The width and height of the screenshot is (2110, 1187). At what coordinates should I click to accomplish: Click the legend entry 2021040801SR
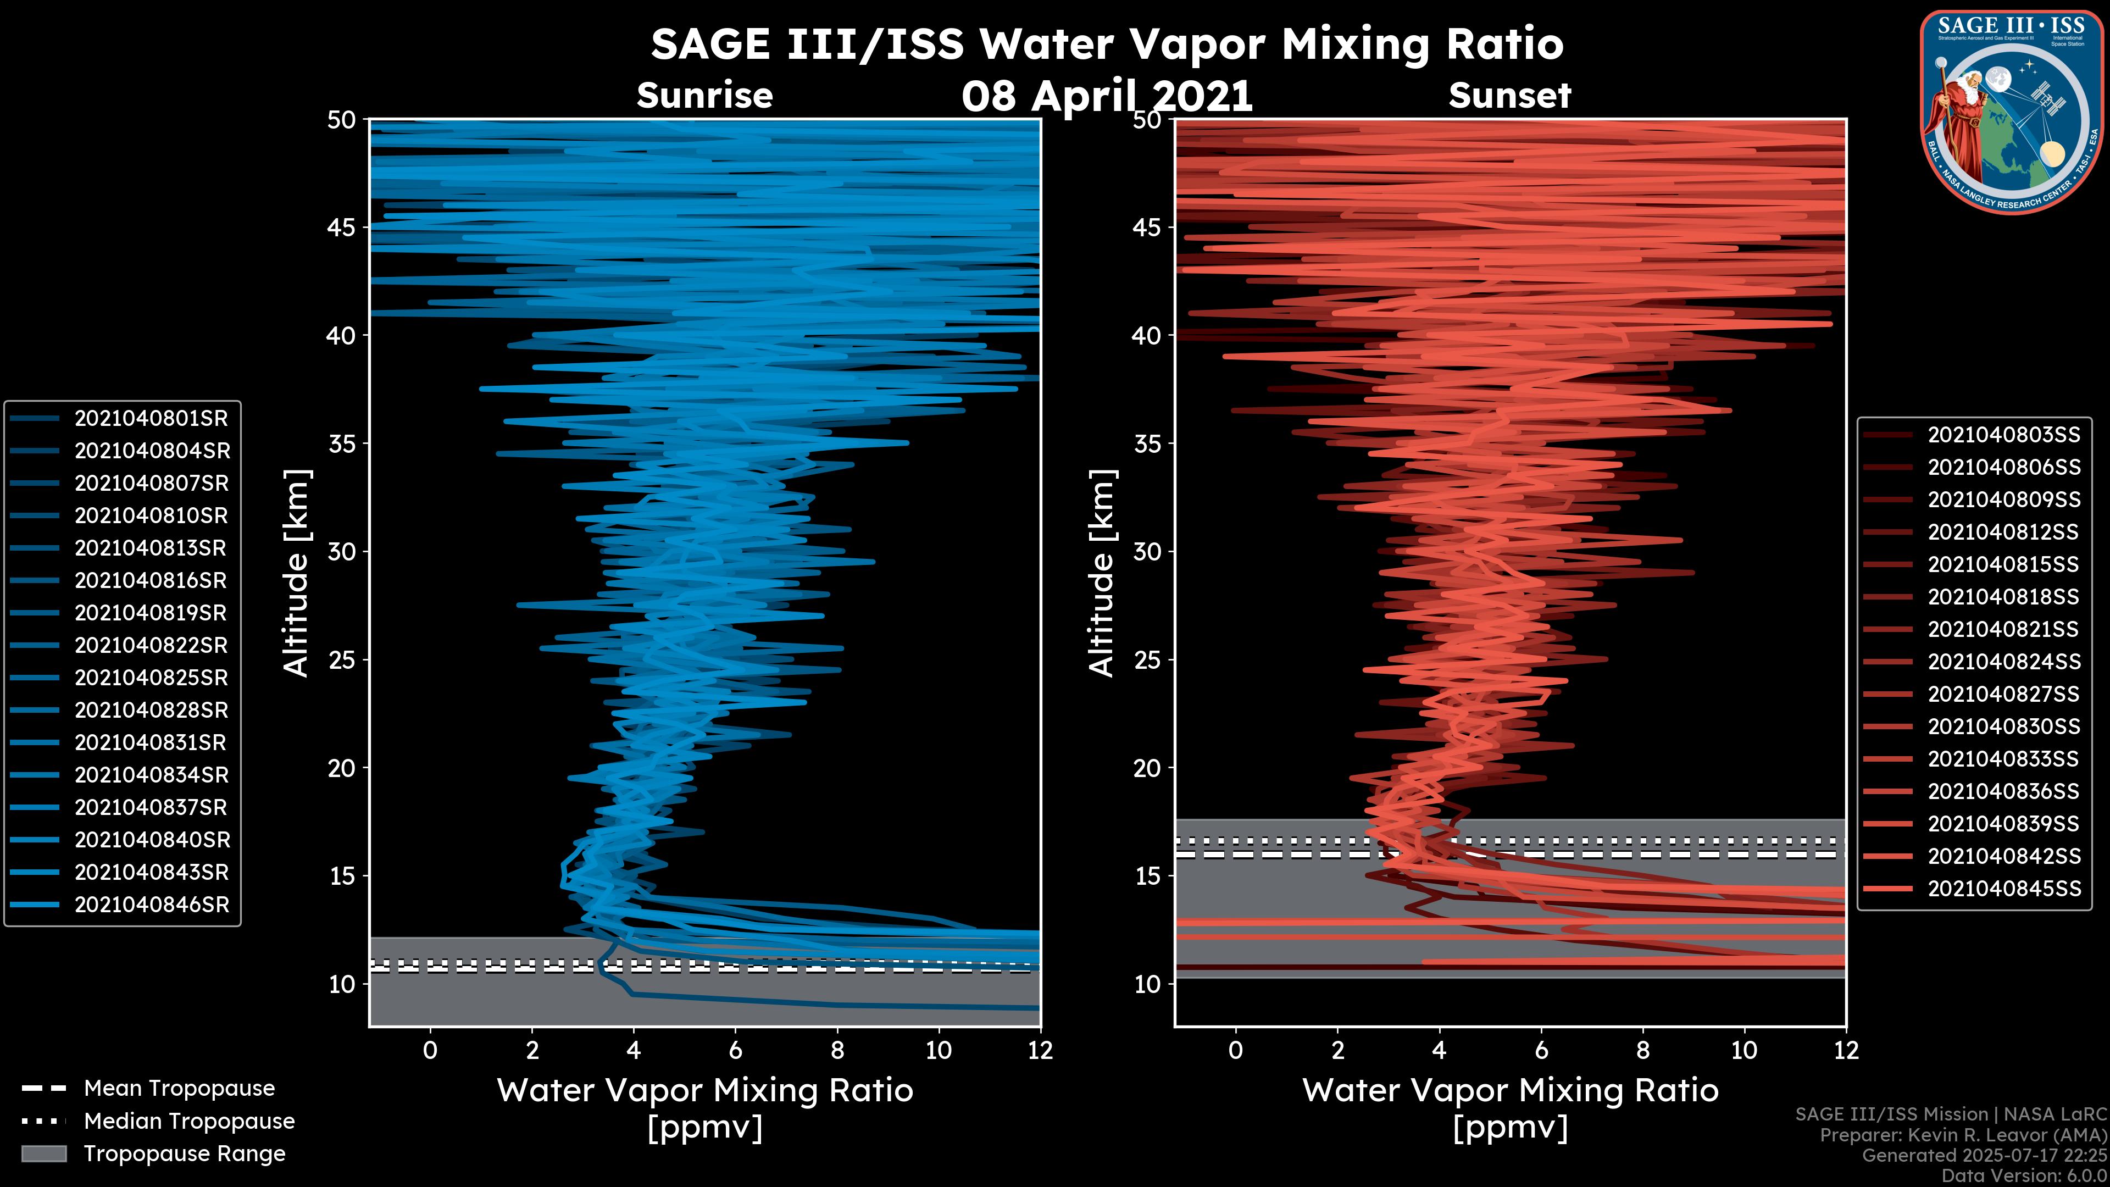pos(151,419)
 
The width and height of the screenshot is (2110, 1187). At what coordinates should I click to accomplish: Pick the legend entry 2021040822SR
pos(151,646)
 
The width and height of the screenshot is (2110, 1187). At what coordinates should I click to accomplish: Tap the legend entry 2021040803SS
pos(2003,435)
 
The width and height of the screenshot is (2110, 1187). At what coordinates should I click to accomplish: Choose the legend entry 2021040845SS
pos(2003,889)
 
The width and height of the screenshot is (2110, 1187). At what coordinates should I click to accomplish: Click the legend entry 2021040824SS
pos(2003,662)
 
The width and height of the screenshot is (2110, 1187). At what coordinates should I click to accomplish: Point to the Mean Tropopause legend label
pos(179,1089)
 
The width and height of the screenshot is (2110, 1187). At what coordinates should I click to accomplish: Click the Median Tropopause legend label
pos(189,1122)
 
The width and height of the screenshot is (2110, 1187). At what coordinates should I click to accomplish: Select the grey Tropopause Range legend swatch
pos(44,1154)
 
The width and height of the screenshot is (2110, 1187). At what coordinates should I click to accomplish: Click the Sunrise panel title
pos(704,96)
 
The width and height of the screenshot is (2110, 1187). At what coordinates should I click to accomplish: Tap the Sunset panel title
pos(1509,96)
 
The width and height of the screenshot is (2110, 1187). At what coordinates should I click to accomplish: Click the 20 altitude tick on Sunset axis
pos(1147,768)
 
